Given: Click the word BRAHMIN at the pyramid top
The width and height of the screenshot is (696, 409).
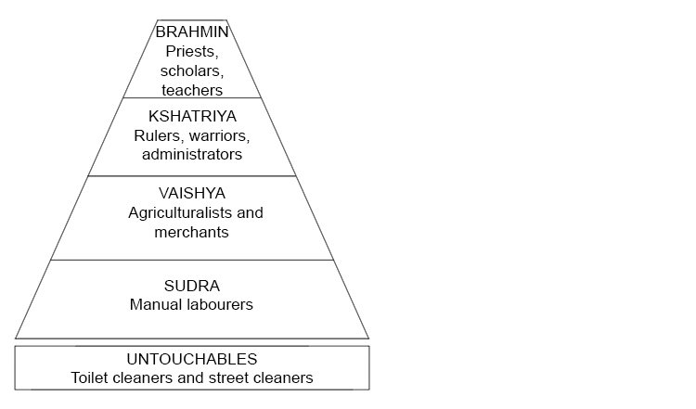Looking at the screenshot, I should click(192, 32).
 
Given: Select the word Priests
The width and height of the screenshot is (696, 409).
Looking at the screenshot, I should click(191, 52).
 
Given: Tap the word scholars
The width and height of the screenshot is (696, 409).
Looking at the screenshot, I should click(192, 71).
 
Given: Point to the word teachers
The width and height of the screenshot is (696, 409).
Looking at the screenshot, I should click(192, 91).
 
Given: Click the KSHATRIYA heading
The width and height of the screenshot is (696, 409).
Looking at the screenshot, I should click(192, 117).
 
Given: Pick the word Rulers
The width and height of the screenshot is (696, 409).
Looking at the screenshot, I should click(155, 135).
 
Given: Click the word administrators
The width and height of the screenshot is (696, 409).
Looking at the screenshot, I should click(192, 155).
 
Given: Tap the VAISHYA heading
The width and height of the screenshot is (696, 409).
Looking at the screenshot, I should click(191, 194).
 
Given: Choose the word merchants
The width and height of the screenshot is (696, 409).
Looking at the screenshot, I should click(191, 233).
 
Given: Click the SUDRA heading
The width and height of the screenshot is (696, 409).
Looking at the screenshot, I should click(191, 285).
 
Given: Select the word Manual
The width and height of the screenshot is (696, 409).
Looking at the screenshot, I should click(155, 304).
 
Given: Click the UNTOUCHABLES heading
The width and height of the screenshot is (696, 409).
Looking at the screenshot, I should click(192, 359).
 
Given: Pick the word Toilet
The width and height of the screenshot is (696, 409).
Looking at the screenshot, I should click(92, 378).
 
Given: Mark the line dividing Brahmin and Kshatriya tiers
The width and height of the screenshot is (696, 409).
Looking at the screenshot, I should click(192, 97).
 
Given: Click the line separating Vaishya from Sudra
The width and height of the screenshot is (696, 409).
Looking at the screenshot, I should click(192, 261).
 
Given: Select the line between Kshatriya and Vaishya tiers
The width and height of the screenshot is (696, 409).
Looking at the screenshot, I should click(192, 176).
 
